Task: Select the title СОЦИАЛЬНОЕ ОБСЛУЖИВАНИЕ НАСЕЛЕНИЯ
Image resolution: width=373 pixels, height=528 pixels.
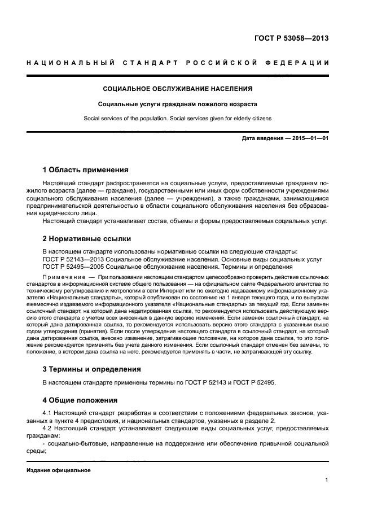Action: click(177, 89)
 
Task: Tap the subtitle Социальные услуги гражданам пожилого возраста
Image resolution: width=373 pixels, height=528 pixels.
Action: click(177, 104)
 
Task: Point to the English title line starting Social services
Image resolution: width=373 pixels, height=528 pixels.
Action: click(177, 119)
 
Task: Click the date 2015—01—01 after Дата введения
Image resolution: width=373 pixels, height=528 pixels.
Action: click(309, 138)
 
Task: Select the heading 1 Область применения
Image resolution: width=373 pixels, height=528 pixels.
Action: click(85, 169)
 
